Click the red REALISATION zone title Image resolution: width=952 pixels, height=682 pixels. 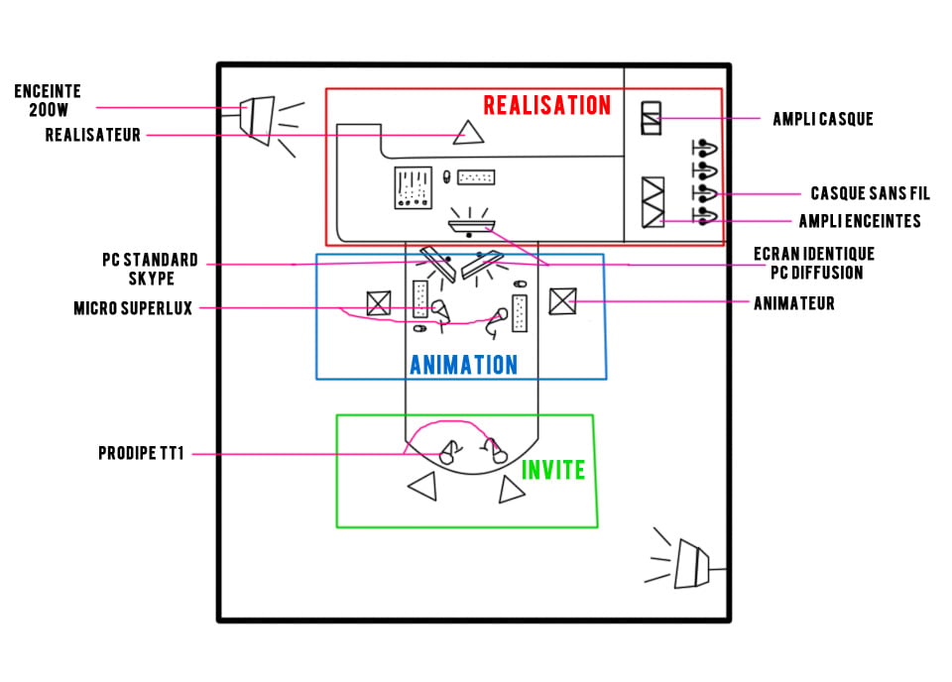coord(547,106)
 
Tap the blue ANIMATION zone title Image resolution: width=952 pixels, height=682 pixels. coord(464,365)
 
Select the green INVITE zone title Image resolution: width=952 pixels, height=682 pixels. coord(553,470)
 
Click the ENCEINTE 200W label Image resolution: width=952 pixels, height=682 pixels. coord(48,101)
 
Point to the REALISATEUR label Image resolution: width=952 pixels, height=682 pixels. coord(93,135)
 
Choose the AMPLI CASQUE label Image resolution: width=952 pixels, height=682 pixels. coord(823,119)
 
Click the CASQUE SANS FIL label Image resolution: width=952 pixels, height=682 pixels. coord(870,193)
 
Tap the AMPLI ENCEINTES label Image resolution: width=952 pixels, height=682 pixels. coord(860,221)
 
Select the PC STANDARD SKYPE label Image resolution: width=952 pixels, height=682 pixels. coord(151,270)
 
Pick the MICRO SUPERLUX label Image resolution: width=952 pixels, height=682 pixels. coord(133,308)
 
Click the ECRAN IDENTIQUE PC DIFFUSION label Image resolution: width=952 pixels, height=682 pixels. coord(814,264)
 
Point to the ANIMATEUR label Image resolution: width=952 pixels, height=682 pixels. coord(794,303)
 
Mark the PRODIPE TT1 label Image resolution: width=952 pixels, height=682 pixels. coord(141,453)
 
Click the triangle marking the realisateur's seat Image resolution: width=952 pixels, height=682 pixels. coord(468,134)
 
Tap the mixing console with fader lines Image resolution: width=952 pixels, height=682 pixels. coord(413,187)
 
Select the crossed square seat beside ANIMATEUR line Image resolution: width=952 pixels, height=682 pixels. coord(563,301)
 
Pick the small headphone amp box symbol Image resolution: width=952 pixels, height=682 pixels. coord(651,118)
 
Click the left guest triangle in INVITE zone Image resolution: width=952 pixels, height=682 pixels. coord(423,486)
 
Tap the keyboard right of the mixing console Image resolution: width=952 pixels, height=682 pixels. coord(476,177)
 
